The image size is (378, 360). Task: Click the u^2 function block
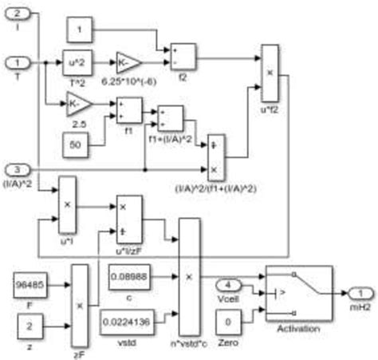(78, 61)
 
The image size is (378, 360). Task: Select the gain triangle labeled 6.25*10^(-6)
(128, 61)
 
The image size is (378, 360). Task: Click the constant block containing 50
(78, 144)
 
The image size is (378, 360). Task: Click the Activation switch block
(297, 293)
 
